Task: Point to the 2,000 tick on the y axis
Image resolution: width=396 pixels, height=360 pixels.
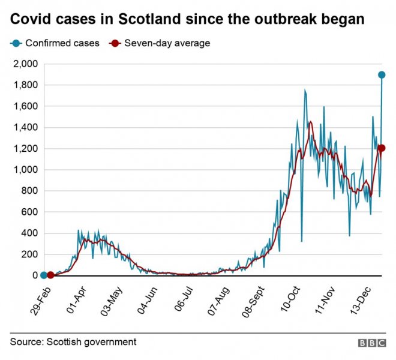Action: pos(25,64)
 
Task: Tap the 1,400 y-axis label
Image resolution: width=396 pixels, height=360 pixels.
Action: pos(25,128)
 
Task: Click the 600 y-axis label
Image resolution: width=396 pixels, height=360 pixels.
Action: pos(29,212)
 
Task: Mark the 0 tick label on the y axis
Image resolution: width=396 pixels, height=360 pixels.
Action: pos(34,276)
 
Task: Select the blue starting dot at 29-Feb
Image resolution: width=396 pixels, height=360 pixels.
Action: pos(43,275)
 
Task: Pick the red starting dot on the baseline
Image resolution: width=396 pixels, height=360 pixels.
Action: pos(50,275)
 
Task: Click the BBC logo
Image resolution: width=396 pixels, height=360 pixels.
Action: pos(372,343)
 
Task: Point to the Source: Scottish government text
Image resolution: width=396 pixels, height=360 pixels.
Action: pos(73,342)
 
